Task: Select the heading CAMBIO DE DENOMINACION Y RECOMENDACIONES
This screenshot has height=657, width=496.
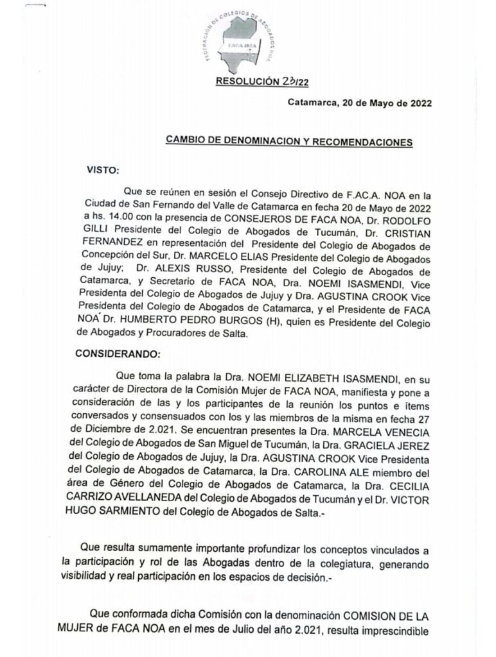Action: point(288,141)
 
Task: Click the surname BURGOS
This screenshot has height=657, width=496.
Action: point(236,321)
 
